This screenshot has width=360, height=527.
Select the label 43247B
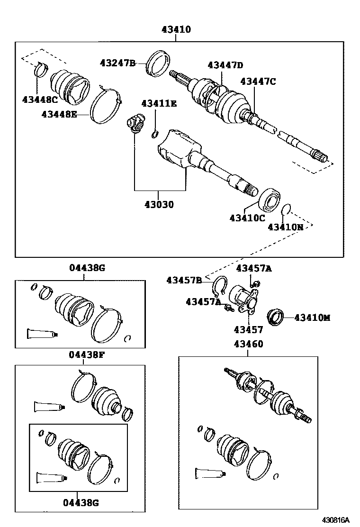click(x=117, y=63)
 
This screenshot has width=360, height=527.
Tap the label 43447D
click(x=225, y=65)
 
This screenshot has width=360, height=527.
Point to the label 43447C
click(x=258, y=81)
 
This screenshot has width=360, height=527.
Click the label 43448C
click(x=40, y=99)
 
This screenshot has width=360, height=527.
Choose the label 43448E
click(x=59, y=114)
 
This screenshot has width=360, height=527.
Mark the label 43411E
click(x=158, y=103)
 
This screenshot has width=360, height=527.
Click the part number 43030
click(x=159, y=205)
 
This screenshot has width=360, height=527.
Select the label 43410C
click(x=247, y=218)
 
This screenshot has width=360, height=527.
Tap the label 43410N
click(x=285, y=227)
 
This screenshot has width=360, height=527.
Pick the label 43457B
click(x=184, y=280)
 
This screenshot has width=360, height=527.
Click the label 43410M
click(x=312, y=318)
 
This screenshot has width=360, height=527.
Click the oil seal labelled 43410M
click(x=275, y=317)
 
